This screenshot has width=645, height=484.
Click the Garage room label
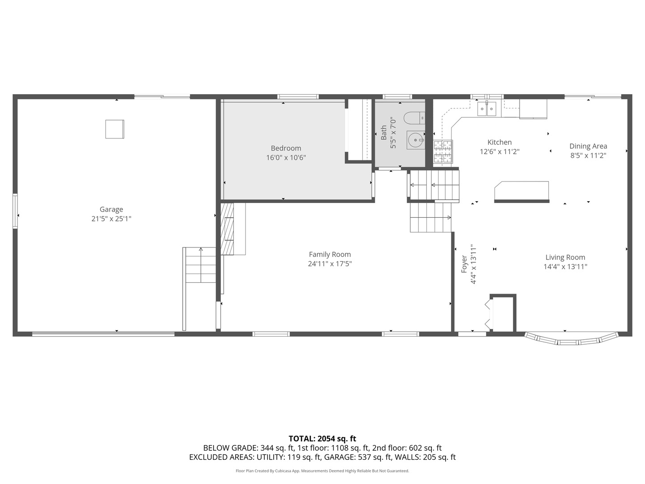pyautogui.click(x=111, y=209)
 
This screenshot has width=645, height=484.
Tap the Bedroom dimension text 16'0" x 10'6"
pyautogui.click(x=286, y=158)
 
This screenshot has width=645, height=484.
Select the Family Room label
pyautogui.click(x=330, y=255)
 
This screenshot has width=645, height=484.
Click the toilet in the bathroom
pyautogui.click(x=413, y=118)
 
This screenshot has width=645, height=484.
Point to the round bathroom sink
pyautogui.click(x=416, y=140)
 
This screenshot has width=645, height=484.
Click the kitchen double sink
pyautogui.click(x=487, y=108)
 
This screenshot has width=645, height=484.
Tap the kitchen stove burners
pyautogui.click(x=443, y=151)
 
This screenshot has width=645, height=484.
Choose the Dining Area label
pyautogui.click(x=588, y=146)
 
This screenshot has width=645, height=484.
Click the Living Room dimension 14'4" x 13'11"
pyautogui.click(x=565, y=267)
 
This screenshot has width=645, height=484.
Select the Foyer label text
pyautogui.click(x=464, y=264)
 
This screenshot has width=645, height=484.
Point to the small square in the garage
pyautogui.click(x=115, y=129)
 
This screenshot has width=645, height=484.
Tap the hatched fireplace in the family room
pyautogui.click(x=228, y=229)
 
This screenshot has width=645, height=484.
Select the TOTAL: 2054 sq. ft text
pyautogui.click(x=322, y=439)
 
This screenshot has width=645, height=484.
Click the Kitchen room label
pyautogui.click(x=499, y=143)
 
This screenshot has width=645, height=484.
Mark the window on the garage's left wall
pyautogui.click(x=15, y=211)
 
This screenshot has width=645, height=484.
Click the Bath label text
pyautogui.click(x=384, y=133)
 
